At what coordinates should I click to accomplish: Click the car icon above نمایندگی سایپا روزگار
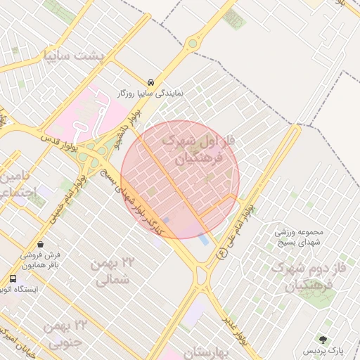click(151, 82)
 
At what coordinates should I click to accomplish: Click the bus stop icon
click(13, 278)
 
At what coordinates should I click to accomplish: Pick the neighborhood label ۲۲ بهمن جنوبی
click(64, 333)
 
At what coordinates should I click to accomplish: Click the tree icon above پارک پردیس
click(324, 340)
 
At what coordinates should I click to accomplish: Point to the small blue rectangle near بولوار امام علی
click(204, 240)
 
